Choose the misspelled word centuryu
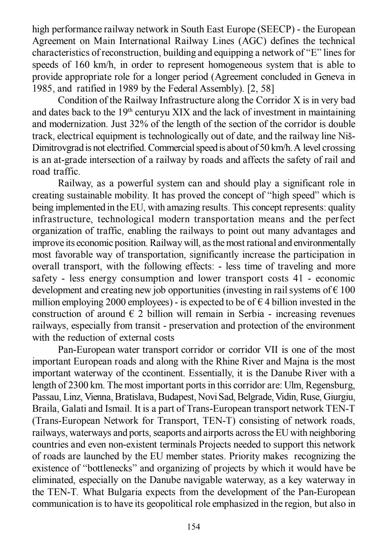point(153,113)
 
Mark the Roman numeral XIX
point(181,113)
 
